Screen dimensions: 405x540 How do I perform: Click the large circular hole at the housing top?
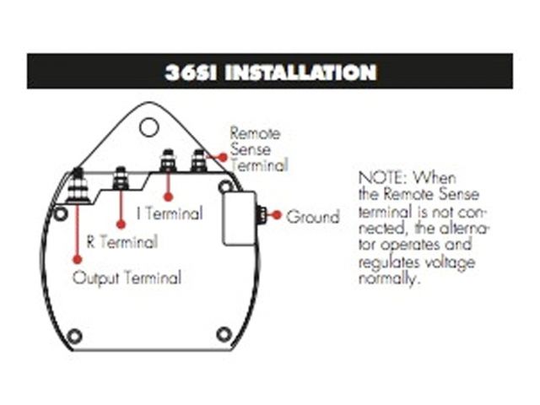(x=149, y=127)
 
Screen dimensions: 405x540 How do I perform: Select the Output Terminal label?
(x=127, y=278)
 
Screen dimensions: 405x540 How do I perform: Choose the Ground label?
(x=312, y=217)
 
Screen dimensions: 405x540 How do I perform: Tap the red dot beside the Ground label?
(x=277, y=217)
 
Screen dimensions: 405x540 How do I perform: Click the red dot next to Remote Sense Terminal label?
(x=221, y=156)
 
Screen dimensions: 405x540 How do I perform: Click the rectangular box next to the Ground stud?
(x=240, y=217)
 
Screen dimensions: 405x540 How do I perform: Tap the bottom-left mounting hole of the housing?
(x=74, y=336)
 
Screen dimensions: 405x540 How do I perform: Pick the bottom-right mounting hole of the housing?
(x=224, y=334)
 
